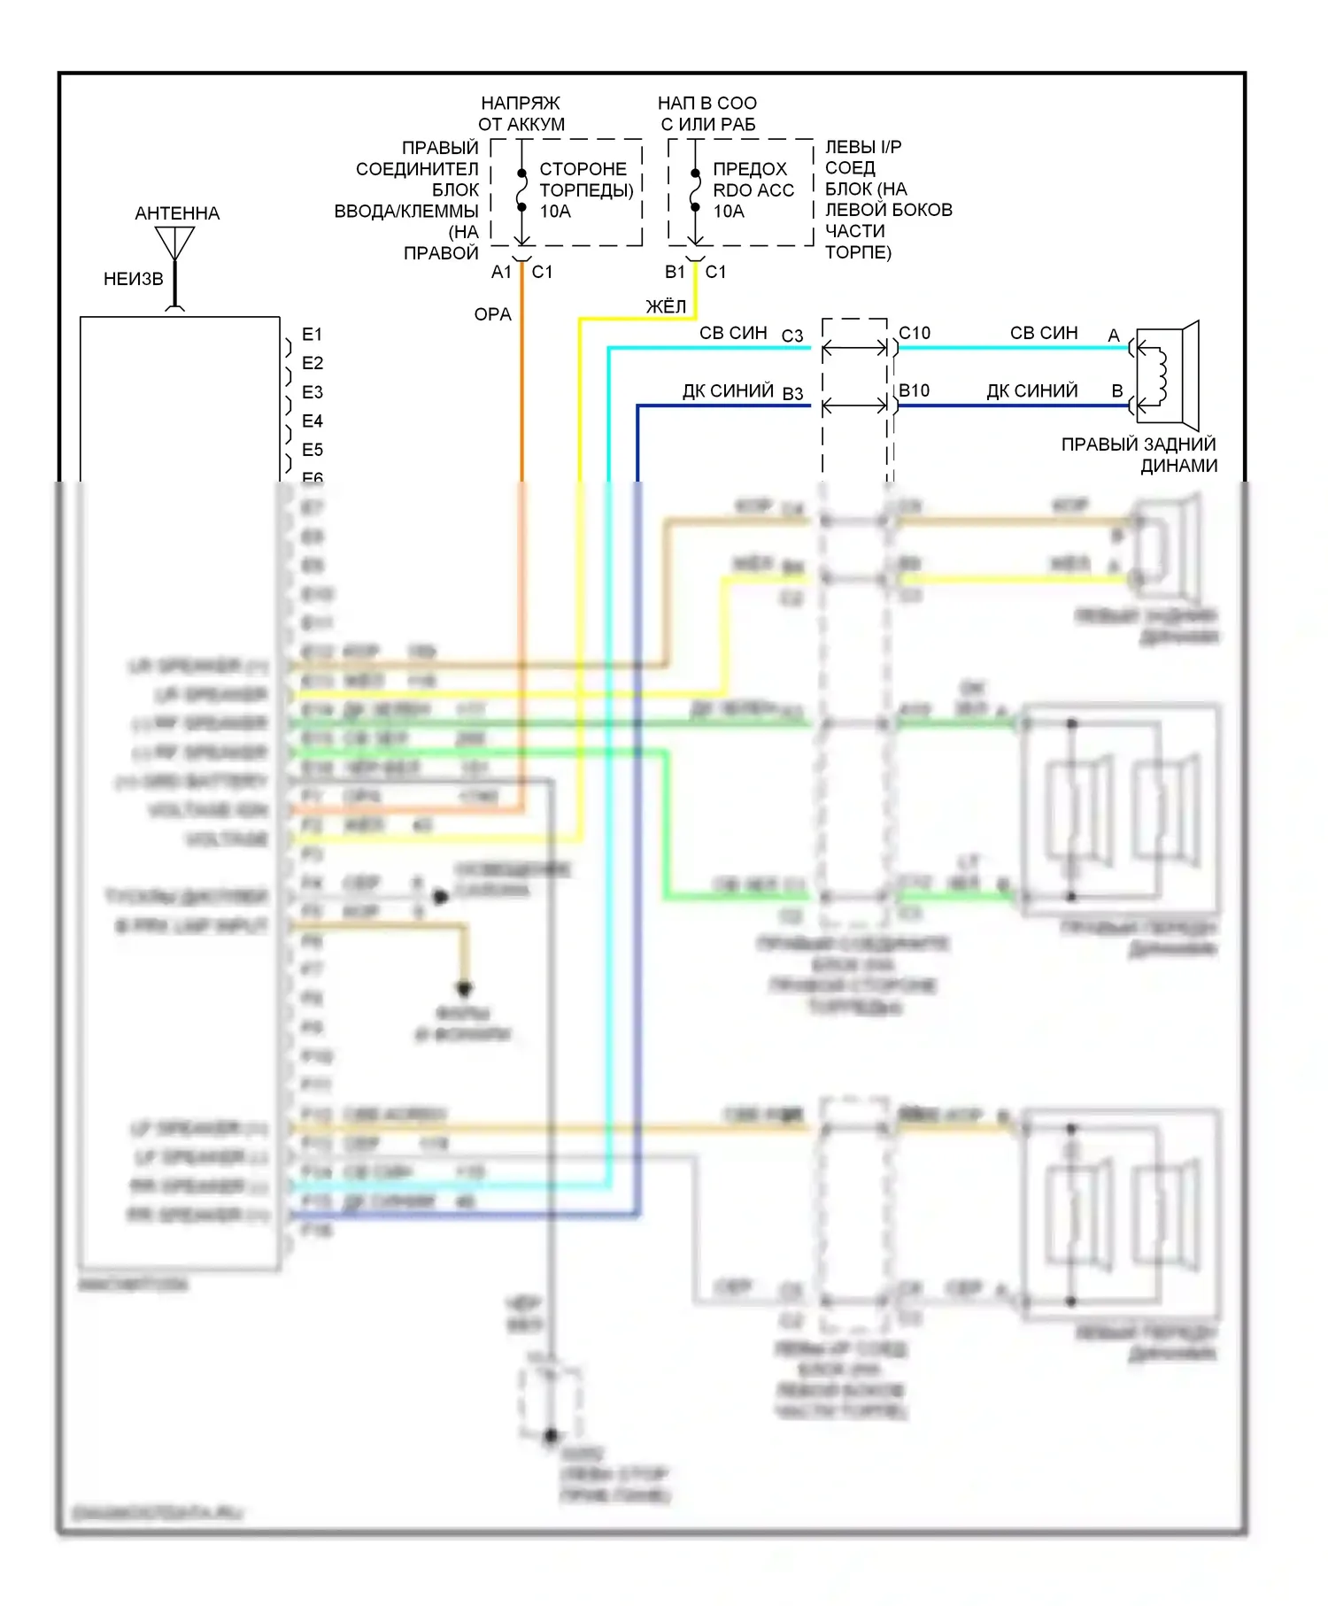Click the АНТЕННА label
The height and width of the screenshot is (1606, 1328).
point(177,213)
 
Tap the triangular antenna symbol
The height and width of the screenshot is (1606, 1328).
point(175,242)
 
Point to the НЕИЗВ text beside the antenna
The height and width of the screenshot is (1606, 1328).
point(134,279)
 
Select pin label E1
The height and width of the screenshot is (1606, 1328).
point(312,335)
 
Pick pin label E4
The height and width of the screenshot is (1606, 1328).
point(312,421)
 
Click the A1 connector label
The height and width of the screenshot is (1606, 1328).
point(501,272)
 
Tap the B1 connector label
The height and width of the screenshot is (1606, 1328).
point(675,272)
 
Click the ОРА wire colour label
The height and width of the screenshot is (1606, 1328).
point(493,314)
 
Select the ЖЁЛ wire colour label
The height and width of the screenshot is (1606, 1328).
point(666,306)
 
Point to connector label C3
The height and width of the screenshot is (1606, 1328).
point(792,336)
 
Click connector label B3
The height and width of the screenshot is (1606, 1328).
point(792,394)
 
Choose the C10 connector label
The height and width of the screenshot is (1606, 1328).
point(915,333)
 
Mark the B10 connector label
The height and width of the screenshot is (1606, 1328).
point(915,390)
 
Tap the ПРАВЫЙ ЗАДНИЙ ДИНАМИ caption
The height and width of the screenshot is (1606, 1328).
point(1139,455)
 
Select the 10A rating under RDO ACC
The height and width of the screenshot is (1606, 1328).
point(729,212)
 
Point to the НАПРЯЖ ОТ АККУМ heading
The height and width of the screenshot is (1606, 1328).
point(521,114)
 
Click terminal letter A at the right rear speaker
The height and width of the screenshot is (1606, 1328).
point(1114,336)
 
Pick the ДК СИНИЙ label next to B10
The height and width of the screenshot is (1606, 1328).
point(1032,390)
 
